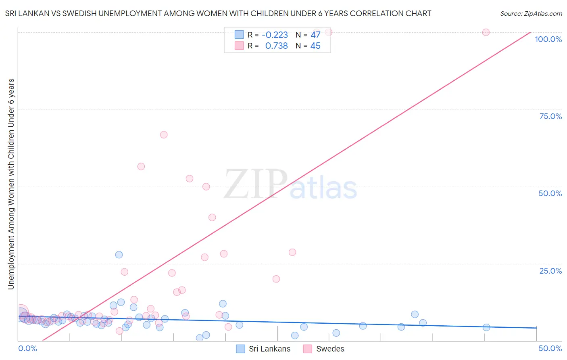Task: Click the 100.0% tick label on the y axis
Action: (548, 39)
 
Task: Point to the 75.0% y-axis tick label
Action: (550, 116)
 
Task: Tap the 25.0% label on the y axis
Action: (550, 270)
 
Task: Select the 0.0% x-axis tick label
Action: (28, 348)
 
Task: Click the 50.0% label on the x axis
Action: (550, 348)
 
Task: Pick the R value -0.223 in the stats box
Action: (275, 35)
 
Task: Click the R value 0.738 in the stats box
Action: (276, 46)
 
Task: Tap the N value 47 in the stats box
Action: (315, 35)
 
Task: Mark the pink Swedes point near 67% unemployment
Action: (164, 135)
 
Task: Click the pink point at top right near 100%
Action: (486, 32)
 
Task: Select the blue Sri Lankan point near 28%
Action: (119, 255)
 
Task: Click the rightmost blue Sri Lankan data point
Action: (486, 327)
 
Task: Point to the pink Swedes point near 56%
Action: (141, 166)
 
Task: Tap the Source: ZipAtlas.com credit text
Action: (531, 13)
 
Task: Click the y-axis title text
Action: (11, 184)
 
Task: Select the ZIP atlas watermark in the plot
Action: (290, 185)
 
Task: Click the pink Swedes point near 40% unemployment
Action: (212, 217)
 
